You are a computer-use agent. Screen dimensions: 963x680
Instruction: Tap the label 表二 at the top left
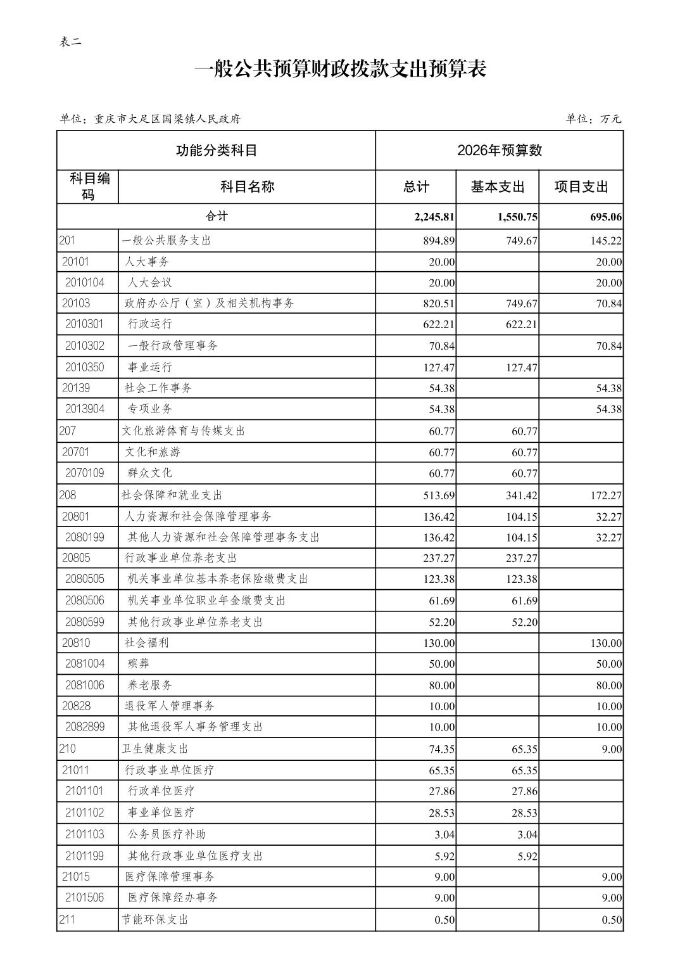pos(70,42)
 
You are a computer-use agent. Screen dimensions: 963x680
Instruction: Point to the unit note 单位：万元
pos(593,118)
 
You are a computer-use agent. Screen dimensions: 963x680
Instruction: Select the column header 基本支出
pos(497,187)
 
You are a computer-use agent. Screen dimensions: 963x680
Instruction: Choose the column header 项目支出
pos(581,187)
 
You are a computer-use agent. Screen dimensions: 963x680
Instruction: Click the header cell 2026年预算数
pos(499,150)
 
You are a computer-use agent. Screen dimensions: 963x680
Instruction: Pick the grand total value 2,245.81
pos(434,217)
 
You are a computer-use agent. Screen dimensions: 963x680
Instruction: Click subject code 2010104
pos(85,283)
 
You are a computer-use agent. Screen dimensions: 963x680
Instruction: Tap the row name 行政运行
pos(150,324)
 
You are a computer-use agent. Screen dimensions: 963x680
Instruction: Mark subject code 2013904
pos(85,409)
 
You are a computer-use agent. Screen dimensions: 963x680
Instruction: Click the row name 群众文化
pos(150,473)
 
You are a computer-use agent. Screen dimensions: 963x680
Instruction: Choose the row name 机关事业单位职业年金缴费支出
pos(206,600)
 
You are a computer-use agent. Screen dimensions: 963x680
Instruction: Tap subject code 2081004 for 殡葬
pos(85,663)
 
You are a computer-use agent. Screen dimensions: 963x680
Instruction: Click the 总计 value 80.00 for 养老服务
pos(439,686)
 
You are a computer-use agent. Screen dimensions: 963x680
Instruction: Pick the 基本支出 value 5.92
pos(527,857)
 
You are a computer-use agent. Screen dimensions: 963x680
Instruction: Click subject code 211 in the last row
pos(67,919)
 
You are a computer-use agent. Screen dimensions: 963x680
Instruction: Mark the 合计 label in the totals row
pos(217,217)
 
